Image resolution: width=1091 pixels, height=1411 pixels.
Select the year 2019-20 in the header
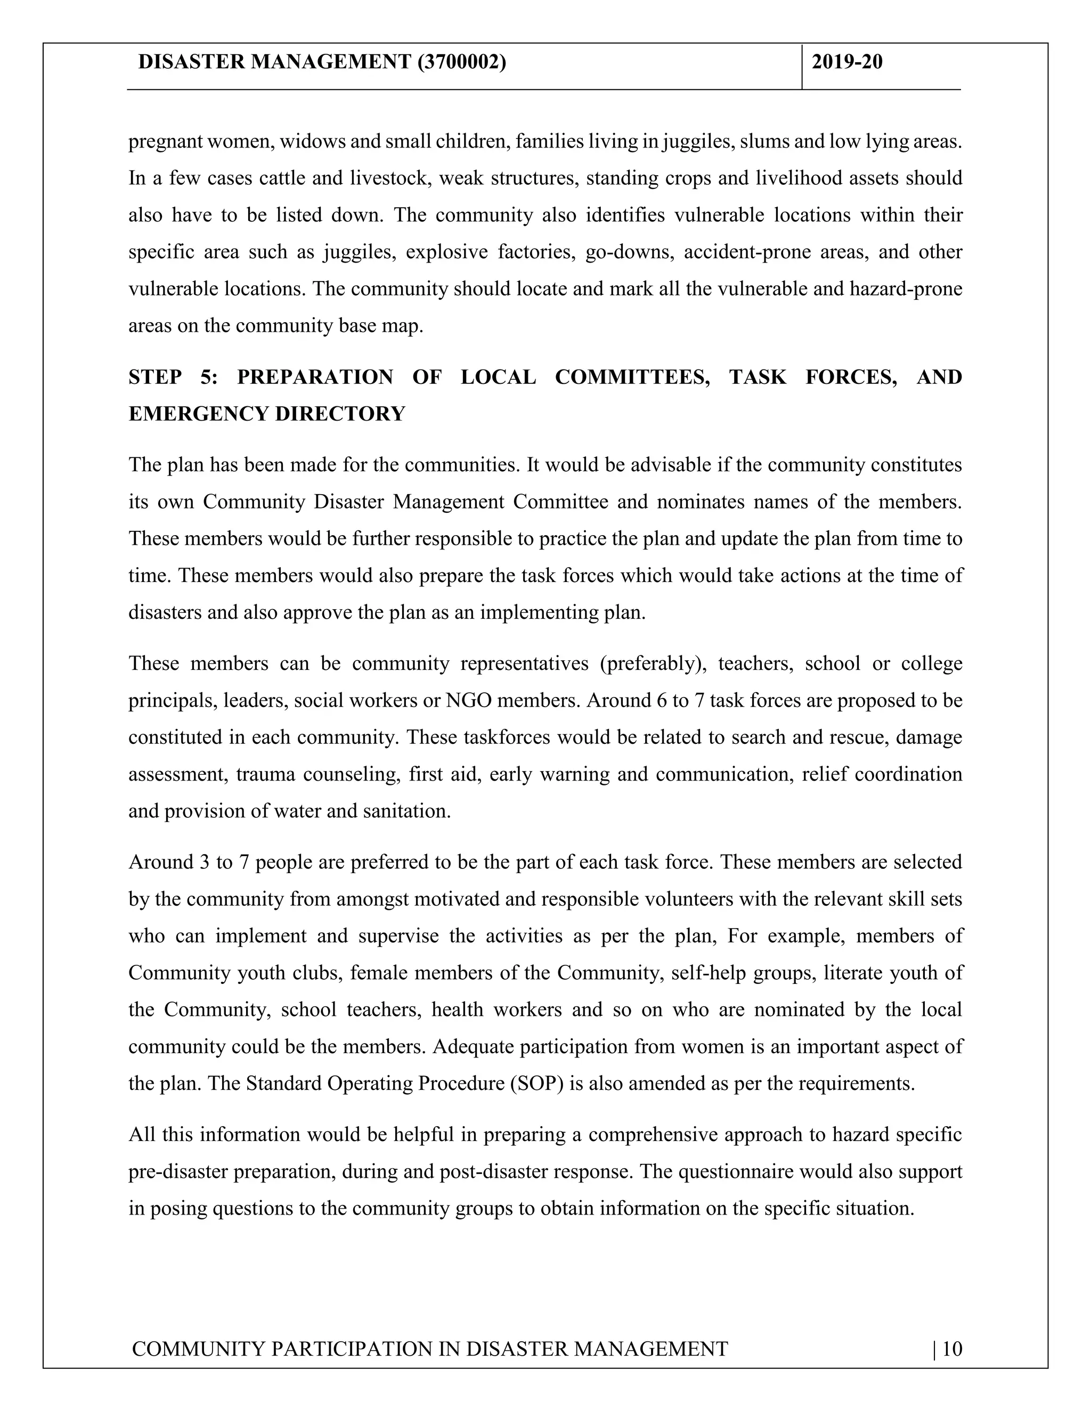point(846,62)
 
